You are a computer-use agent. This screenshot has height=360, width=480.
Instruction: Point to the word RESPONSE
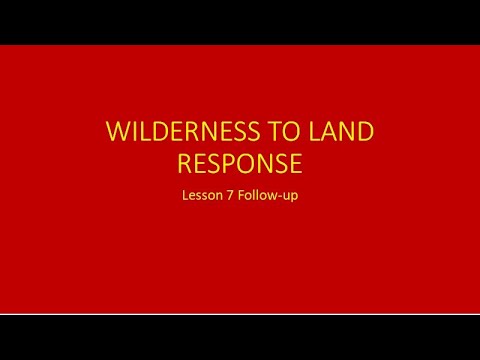[240, 163]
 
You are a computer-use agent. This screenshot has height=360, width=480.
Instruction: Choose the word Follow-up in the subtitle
[267, 196]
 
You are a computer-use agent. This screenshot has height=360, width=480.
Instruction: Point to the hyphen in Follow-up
[281, 197]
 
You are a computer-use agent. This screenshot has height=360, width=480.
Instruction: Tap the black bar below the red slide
[240, 338]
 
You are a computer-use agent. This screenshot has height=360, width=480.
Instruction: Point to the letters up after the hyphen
[291, 197]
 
